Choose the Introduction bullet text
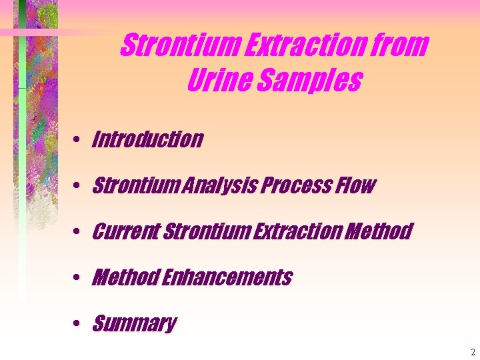pos(147,139)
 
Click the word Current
pos(125,231)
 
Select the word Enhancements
pos(227,277)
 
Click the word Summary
pos(134,324)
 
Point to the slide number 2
pos(472,352)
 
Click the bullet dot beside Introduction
pos(78,140)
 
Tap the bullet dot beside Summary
pos(78,324)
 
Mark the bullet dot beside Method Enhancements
pos(78,277)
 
